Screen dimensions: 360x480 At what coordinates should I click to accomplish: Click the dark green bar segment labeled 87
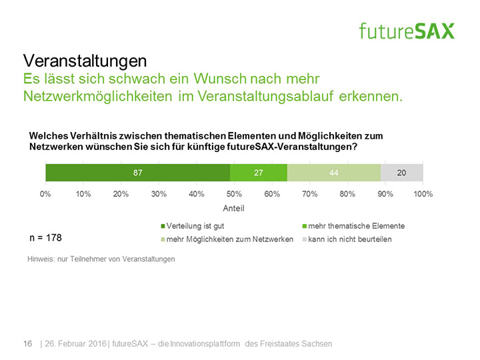click(x=138, y=173)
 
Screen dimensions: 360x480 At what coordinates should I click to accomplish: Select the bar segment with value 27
click(x=259, y=173)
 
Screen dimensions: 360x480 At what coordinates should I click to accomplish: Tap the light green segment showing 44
click(x=334, y=173)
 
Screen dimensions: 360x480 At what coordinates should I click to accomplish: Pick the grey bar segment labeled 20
click(x=402, y=173)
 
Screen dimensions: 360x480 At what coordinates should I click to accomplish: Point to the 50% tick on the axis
click(x=235, y=194)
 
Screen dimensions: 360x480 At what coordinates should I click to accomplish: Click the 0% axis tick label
click(x=46, y=194)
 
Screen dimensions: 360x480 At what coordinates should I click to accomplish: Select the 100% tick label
click(x=423, y=194)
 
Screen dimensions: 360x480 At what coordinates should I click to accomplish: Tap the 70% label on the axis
click(x=310, y=194)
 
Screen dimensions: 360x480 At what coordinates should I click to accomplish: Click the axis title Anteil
click(x=234, y=208)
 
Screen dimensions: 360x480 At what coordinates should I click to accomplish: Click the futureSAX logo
click(x=407, y=31)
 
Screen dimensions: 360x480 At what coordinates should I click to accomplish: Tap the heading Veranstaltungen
click(x=85, y=61)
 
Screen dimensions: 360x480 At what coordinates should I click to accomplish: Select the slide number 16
click(x=28, y=343)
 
